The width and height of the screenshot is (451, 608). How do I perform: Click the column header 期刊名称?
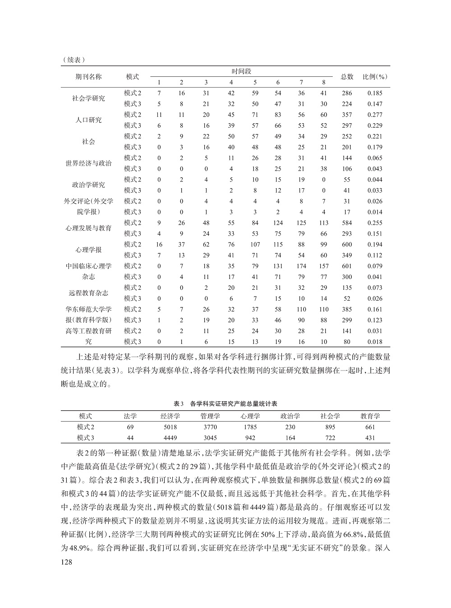pyautogui.click(x=88, y=77)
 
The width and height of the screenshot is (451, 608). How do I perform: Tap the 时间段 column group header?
pyautogui.click(x=241, y=71)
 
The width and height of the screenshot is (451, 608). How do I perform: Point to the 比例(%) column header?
pyautogui.click(x=375, y=77)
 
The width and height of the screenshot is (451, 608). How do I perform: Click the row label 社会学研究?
pyautogui.click(x=88, y=98)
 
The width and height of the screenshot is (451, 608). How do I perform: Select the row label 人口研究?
pyautogui.click(x=88, y=120)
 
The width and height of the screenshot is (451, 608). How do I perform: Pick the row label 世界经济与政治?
pyautogui.click(x=88, y=163)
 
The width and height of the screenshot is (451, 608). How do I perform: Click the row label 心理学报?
pyautogui.click(x=88, y=250)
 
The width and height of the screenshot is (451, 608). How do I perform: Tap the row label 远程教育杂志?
pyautogui.click(x=88, y=293)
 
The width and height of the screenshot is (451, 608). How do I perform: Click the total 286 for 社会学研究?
pyautogui.click(x=347, y=93)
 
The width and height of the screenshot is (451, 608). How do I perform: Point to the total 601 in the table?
pyautogui.click(x=347, y=266)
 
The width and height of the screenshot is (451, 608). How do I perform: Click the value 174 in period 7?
pyautogui.click(x=301, y=266)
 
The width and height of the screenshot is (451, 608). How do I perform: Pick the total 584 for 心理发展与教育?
pyautogui.click(x=347, y=223)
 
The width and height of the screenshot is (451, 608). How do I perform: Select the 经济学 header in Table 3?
pyautogui.click(x=170, y=416)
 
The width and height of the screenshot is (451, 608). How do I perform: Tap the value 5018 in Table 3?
pyautogui.click(x=170, y=427)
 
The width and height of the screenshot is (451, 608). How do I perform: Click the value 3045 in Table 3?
pyautogui.click(x=210, y=438)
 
